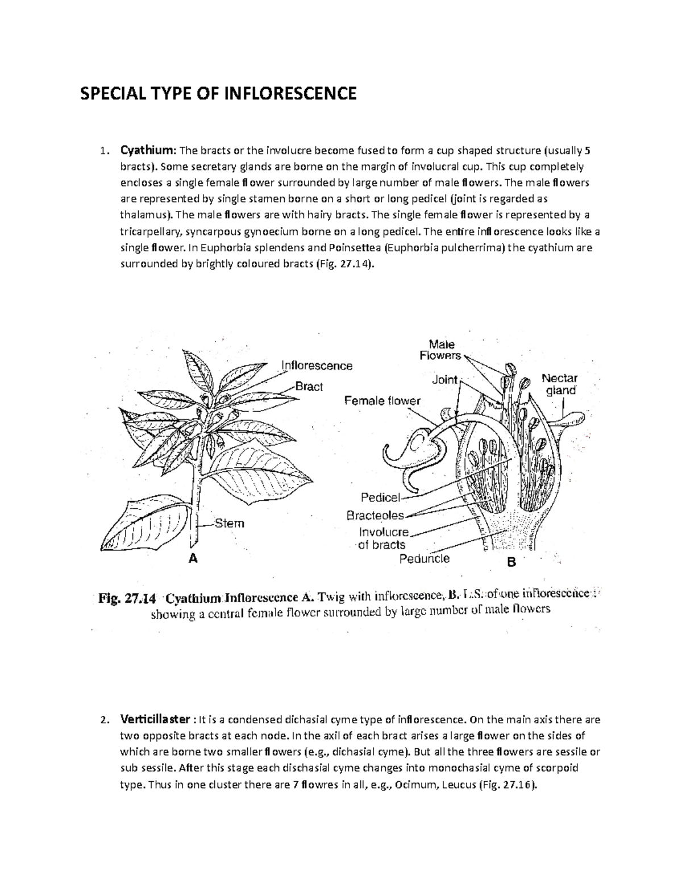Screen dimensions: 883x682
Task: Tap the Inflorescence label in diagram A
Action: [x=317, y=366]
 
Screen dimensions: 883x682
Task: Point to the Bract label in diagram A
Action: [x=309, y=387]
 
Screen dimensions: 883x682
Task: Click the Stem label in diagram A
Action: [x=230, y=523]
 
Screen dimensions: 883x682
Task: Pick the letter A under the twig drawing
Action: [x=193, y=558]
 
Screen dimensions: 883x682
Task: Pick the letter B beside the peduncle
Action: [x=511, y=562]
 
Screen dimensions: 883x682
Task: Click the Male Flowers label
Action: [x=441, y=350]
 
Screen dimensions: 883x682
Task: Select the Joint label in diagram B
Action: [x=444, y=379]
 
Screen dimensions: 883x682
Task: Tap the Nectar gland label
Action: [x=560, y=384]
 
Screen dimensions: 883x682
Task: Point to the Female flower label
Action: [x=382, y=401]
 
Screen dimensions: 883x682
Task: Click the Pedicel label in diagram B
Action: [x=381, y=498]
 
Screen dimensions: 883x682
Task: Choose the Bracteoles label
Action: [x=375, y=516]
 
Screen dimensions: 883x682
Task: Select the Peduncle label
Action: [x=424, y=558]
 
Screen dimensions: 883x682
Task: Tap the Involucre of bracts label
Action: [x=382, y=538]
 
